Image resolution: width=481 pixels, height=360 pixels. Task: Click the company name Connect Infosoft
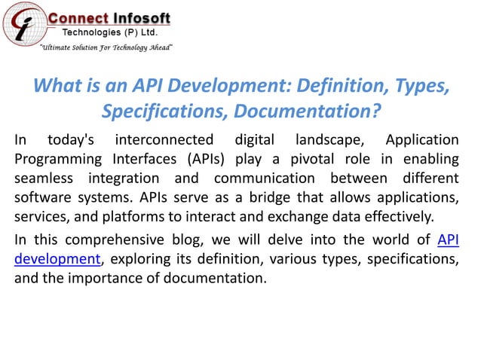tap(109, 18)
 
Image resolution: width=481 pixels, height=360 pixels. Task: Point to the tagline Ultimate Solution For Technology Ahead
tap(106, 47)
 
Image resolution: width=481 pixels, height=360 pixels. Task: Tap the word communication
tap(265, 179)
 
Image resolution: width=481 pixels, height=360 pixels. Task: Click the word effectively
tap(397, 218)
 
